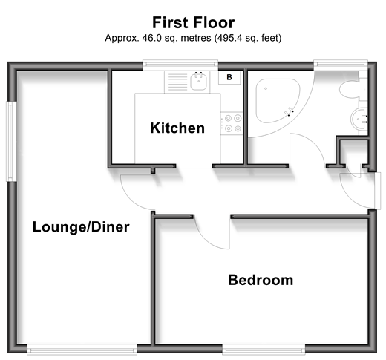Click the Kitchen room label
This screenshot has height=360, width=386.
177,128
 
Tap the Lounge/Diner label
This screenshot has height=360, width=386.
81,227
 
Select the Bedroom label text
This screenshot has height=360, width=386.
261,280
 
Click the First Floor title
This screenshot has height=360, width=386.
193,22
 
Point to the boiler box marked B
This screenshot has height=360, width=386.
229,77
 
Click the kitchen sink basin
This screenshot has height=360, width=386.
198,82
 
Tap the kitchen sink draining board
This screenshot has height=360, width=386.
177,82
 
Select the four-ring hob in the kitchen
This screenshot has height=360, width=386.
232,123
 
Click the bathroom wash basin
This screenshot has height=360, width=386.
359,119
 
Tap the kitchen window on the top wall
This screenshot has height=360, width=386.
180,65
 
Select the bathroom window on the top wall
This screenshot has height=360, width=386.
341,64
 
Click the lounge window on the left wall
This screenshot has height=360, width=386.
11,141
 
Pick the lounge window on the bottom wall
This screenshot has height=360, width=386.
82,350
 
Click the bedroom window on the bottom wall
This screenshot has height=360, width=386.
264,350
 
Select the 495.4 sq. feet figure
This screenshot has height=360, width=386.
248,38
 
